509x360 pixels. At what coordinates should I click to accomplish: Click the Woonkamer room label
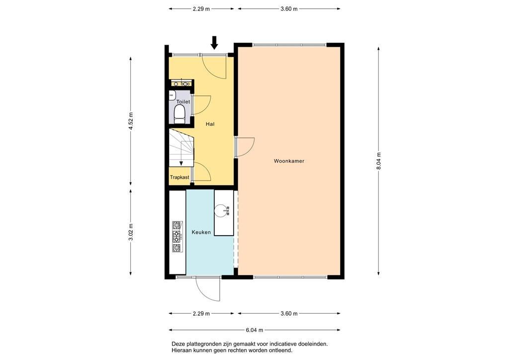(289, 161)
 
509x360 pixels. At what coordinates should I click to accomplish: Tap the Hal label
(210, 124)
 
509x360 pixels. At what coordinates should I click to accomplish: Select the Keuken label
(201, 232)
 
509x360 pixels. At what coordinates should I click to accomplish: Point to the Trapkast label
(179, 177)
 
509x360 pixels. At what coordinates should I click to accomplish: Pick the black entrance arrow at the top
(214, 43)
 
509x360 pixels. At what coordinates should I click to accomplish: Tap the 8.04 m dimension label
(378, 161)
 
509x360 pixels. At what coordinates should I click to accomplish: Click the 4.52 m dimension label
(131, 121)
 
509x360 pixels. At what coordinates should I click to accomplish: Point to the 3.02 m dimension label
(131, 232)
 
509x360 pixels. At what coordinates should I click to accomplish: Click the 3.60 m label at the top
(289, 9)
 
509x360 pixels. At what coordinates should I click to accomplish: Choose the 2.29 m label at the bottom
(201, 314)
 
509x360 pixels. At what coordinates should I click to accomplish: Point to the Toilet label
(183, 102)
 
